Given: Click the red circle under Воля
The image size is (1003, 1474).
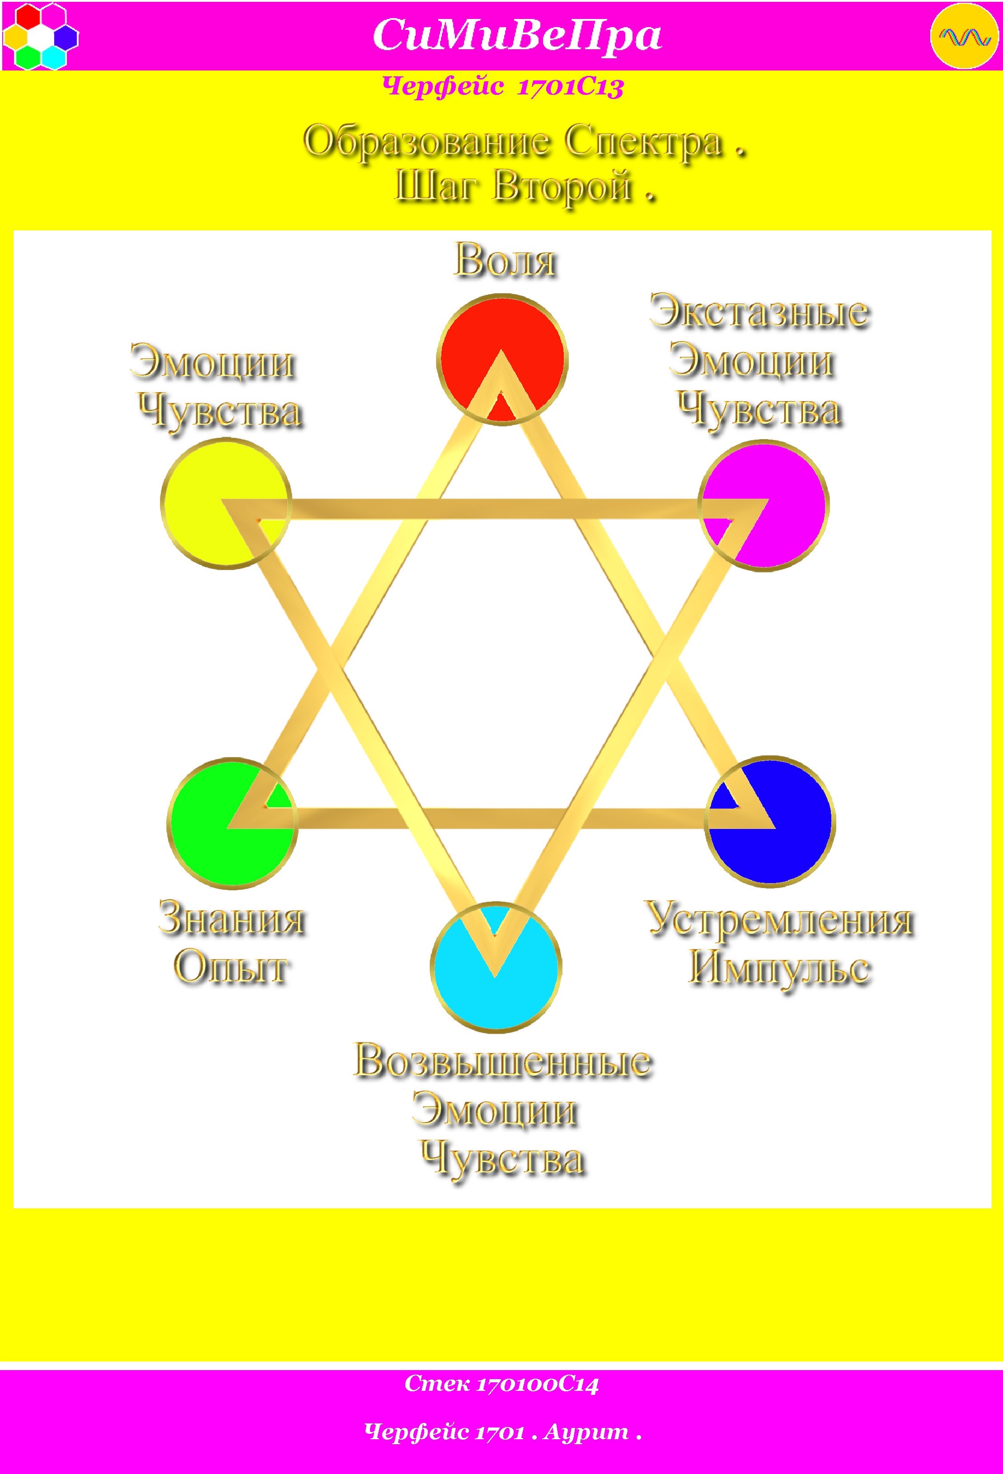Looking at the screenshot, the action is [x=502, y=360].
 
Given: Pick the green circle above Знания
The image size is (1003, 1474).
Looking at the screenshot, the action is [x=232, y=823].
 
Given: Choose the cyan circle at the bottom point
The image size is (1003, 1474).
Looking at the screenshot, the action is [x=496, y=967].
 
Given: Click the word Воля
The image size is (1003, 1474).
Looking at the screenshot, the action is [x=506, y=261].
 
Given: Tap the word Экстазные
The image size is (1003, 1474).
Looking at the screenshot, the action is [x=759, y=312].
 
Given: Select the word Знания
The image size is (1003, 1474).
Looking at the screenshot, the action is [x=232, y=918].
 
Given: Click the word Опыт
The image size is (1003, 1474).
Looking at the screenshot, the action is [x=232, y=968].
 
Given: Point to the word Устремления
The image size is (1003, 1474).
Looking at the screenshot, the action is [x=780, y=920].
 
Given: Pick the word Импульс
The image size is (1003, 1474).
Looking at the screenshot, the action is [x=780, y=969].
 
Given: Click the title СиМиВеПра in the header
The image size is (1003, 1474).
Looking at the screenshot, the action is [x=517, y=35].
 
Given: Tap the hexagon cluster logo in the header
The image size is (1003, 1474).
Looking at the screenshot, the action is [x=40, y=36].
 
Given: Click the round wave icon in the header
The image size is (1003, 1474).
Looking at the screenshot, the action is [x=964, y=36].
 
